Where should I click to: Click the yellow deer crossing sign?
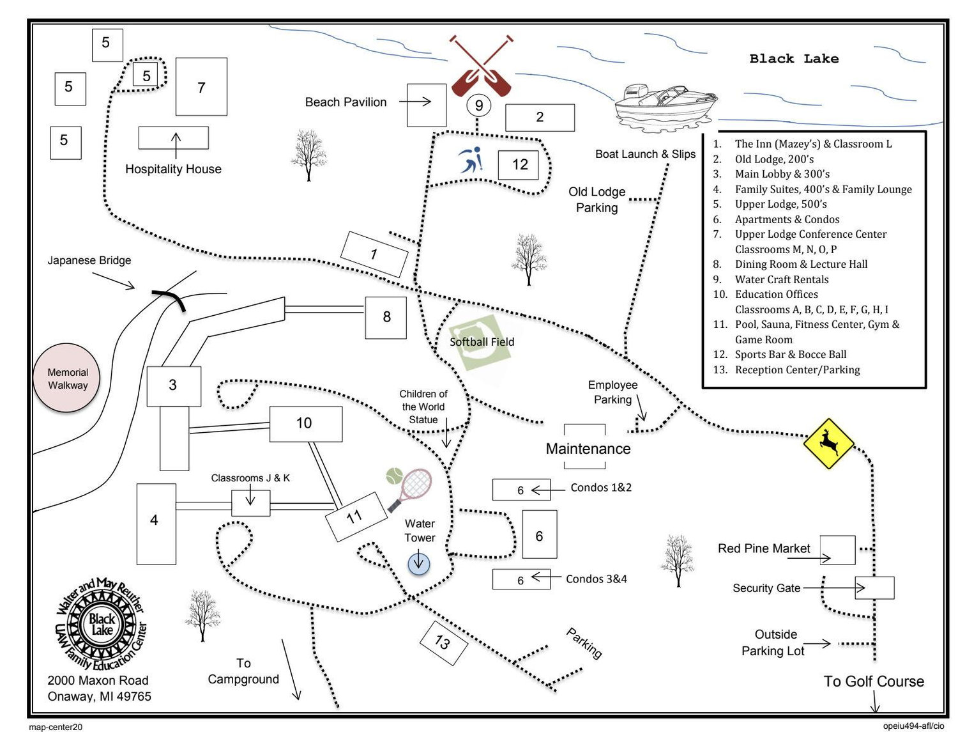[x=828, y=443]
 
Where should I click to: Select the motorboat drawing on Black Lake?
[x=665, y=109]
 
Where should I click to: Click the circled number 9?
[x=479, y=105]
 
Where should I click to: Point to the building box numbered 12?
[x=518, y=165]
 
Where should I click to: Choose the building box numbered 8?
[x=386, y=318]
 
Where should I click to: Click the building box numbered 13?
[x=443, y=643]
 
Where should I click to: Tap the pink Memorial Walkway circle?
[x=67, y=378]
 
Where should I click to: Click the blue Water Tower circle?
[x=418, y=564]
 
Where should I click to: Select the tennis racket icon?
[x=409, y=489]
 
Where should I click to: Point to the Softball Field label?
[x=482, y=342]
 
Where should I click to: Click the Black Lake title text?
[x=794, y=59]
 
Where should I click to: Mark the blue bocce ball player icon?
[x=471, y=159]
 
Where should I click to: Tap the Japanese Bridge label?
[x=89, y=260]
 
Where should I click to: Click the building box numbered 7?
[x=201, y=86]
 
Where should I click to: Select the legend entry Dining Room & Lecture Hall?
[x=790, y=264]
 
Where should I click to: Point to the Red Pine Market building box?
[x=837, y=550]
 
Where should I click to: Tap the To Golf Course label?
[x=874, y=681]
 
